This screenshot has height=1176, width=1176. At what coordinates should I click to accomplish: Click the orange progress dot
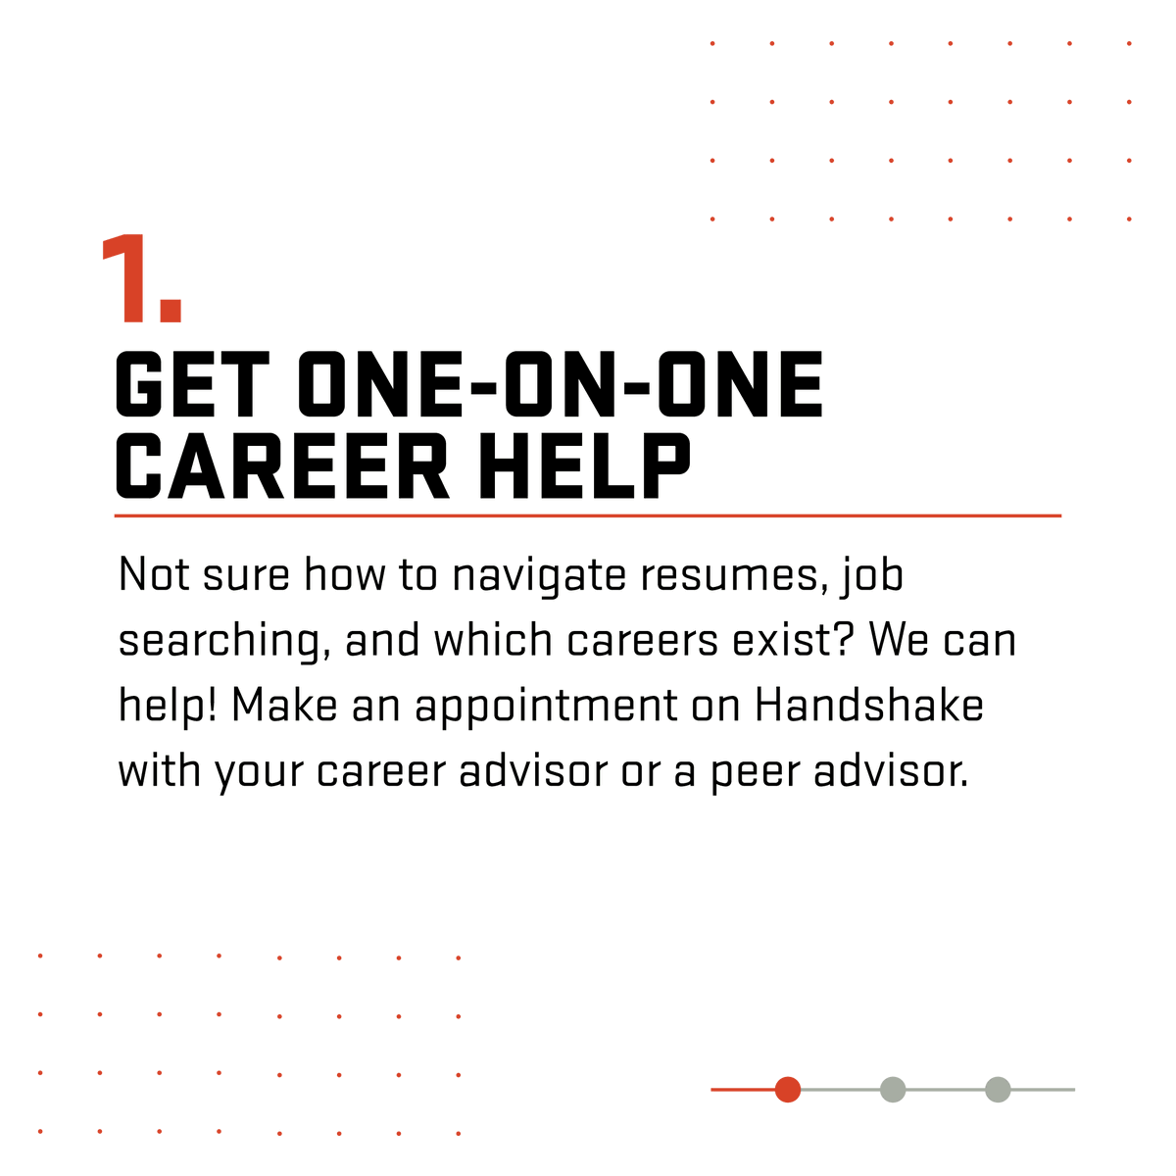[787, 1089]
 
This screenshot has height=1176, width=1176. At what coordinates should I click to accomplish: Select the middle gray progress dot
[892, 1089]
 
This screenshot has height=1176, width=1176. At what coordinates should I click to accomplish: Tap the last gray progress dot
[998, 1089]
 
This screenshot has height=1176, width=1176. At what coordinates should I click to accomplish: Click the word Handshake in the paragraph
[869, 706]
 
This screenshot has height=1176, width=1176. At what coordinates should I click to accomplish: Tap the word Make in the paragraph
[285, 706]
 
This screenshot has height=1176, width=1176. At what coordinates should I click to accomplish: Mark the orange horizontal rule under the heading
[588, 515]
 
